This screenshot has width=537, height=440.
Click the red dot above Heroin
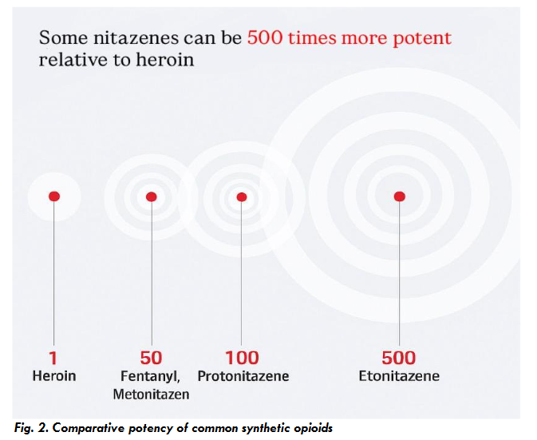(x=54, y=196)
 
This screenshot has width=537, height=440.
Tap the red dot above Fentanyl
(x=152, y=196)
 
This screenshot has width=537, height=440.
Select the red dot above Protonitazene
(x=242, y=197)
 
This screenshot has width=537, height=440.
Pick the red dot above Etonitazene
(x=400, y=196)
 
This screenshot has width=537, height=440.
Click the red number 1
(x=53, y=358)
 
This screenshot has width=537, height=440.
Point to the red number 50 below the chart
(x=151, y=358)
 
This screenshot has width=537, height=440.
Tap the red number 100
(x=242, y=358)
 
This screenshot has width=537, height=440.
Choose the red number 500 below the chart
(x=399, y=358)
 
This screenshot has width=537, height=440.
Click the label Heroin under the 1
(x=54, y=375)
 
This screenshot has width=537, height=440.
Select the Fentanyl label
(x=149, y=375)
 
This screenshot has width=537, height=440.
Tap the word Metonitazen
(x=151, y=394)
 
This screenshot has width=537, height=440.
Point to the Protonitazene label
(x=243, y=375)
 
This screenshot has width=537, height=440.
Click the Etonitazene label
(x=399, y=375)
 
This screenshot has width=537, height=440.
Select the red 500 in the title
(x=265, y=38)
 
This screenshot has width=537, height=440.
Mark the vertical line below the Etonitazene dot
(x=400, y=272)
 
